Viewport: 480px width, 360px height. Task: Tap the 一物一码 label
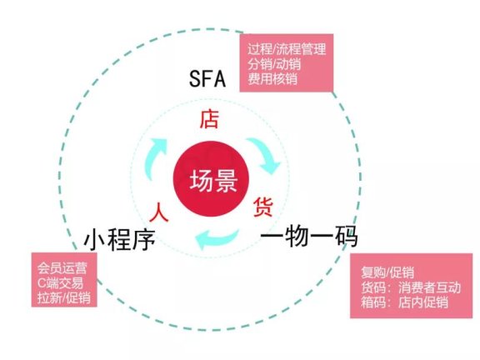click(x=309, y=237)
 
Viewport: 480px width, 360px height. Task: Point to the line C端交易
click(x=61, y=282)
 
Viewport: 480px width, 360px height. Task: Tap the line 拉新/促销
click(x=64, y=297)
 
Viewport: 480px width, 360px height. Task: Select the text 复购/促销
click(x=389, y=272)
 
